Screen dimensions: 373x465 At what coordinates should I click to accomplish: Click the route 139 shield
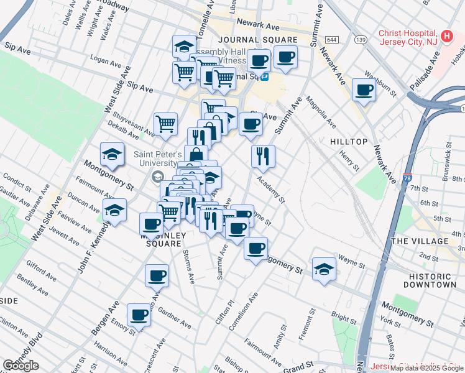(361, 40)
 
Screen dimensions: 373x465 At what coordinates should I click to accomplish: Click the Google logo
(21, 365)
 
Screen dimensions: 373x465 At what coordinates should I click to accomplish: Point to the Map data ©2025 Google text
(426, 368)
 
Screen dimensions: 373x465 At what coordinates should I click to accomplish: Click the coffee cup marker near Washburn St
(364, 90)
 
